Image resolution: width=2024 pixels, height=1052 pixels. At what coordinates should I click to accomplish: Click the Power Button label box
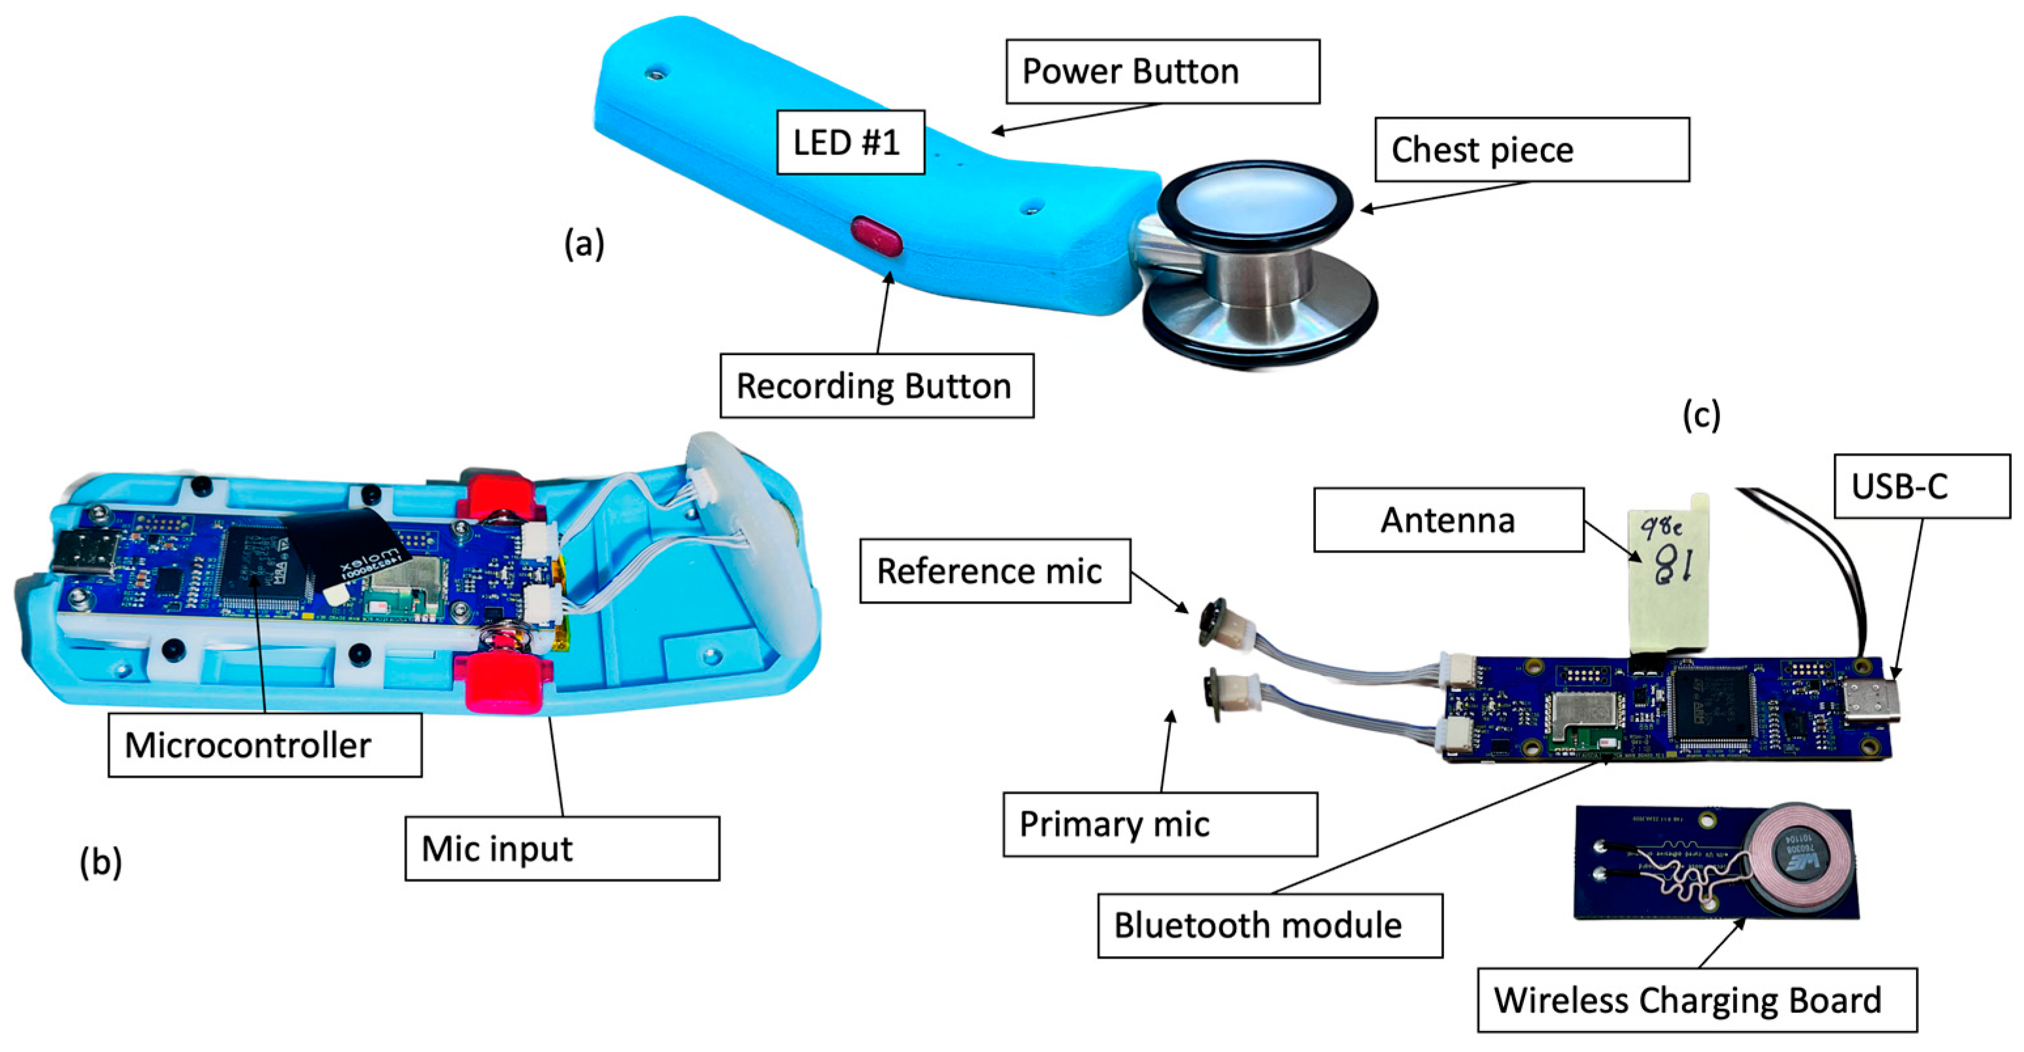point(1162,71)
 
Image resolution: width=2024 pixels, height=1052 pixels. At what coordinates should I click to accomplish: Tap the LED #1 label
point(850,142)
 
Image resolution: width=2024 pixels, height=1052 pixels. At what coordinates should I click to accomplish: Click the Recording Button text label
point(876,386)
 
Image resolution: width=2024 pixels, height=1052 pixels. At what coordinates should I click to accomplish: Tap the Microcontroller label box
point(264,745)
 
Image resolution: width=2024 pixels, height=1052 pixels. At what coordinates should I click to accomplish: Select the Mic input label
point(562,849)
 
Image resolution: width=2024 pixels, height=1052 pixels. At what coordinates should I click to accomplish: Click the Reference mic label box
point(995,571)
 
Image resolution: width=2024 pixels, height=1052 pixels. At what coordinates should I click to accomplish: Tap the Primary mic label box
point(1160,824)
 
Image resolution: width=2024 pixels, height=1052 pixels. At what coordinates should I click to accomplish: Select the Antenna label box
point(1448,520)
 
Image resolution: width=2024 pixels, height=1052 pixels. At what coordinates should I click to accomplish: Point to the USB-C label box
point(1921,486)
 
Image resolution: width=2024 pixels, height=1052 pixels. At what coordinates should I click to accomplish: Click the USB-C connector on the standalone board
point(1872,702)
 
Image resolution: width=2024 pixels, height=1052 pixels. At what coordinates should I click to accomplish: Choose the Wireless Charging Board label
point(1696,1000)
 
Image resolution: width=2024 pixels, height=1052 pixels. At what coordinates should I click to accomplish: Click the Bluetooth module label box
point(1269,926)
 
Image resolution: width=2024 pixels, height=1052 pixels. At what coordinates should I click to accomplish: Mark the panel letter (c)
point(1701,415)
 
